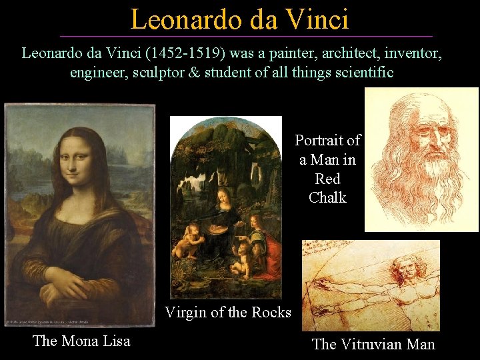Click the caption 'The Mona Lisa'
tap(81, 341)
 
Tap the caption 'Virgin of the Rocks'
tap(228, 312)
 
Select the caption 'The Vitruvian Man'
tap(373, 344)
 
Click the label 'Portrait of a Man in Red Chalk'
tap(328, 169)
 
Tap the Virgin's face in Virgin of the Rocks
tap(225, 198)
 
